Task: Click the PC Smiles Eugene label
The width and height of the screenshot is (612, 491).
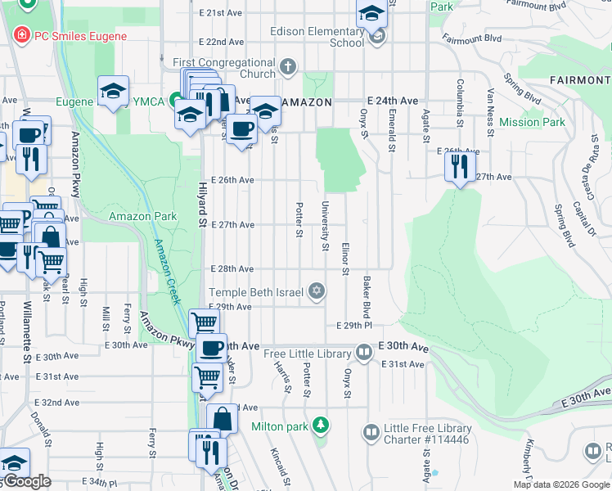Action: (x=80, y=36)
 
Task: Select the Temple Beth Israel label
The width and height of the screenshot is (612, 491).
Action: (x=256, y=292)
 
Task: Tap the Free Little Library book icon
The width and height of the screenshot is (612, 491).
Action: (x=364, y=354)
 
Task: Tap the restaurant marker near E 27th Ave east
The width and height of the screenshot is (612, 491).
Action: (x=460, y=168)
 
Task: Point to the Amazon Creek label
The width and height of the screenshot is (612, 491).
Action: (x=167, y=271)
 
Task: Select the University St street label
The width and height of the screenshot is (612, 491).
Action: (x=326, y=226)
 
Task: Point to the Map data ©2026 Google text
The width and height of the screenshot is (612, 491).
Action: (x=560, y=484)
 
